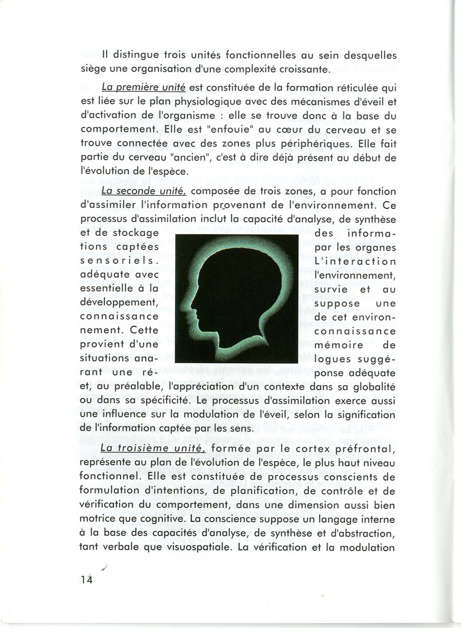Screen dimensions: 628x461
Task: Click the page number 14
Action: click(x=86, y=578)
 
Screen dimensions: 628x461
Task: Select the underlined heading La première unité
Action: click(x=139, y=87)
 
